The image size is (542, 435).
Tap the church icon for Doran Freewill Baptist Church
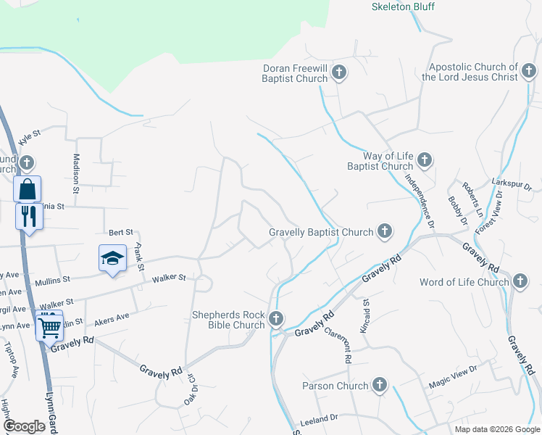tap(339, 72)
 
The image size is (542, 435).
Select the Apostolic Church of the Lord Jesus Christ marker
tap(530, 71)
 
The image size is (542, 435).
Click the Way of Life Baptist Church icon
tap(425, 159)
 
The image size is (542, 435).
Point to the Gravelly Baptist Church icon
tap(385, 232)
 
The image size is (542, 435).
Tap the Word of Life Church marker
tap(520, 281)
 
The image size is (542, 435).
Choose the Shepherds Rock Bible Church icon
tap(275, 318)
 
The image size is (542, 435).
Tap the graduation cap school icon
tap(112, 258)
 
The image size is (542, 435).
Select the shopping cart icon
tap(49, 328)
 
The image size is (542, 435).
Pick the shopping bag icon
tap(28, 189)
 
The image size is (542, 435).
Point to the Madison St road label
tap(75, 173)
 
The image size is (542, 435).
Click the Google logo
tap(24, 426)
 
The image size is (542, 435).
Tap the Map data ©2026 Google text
tap(496, 429)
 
